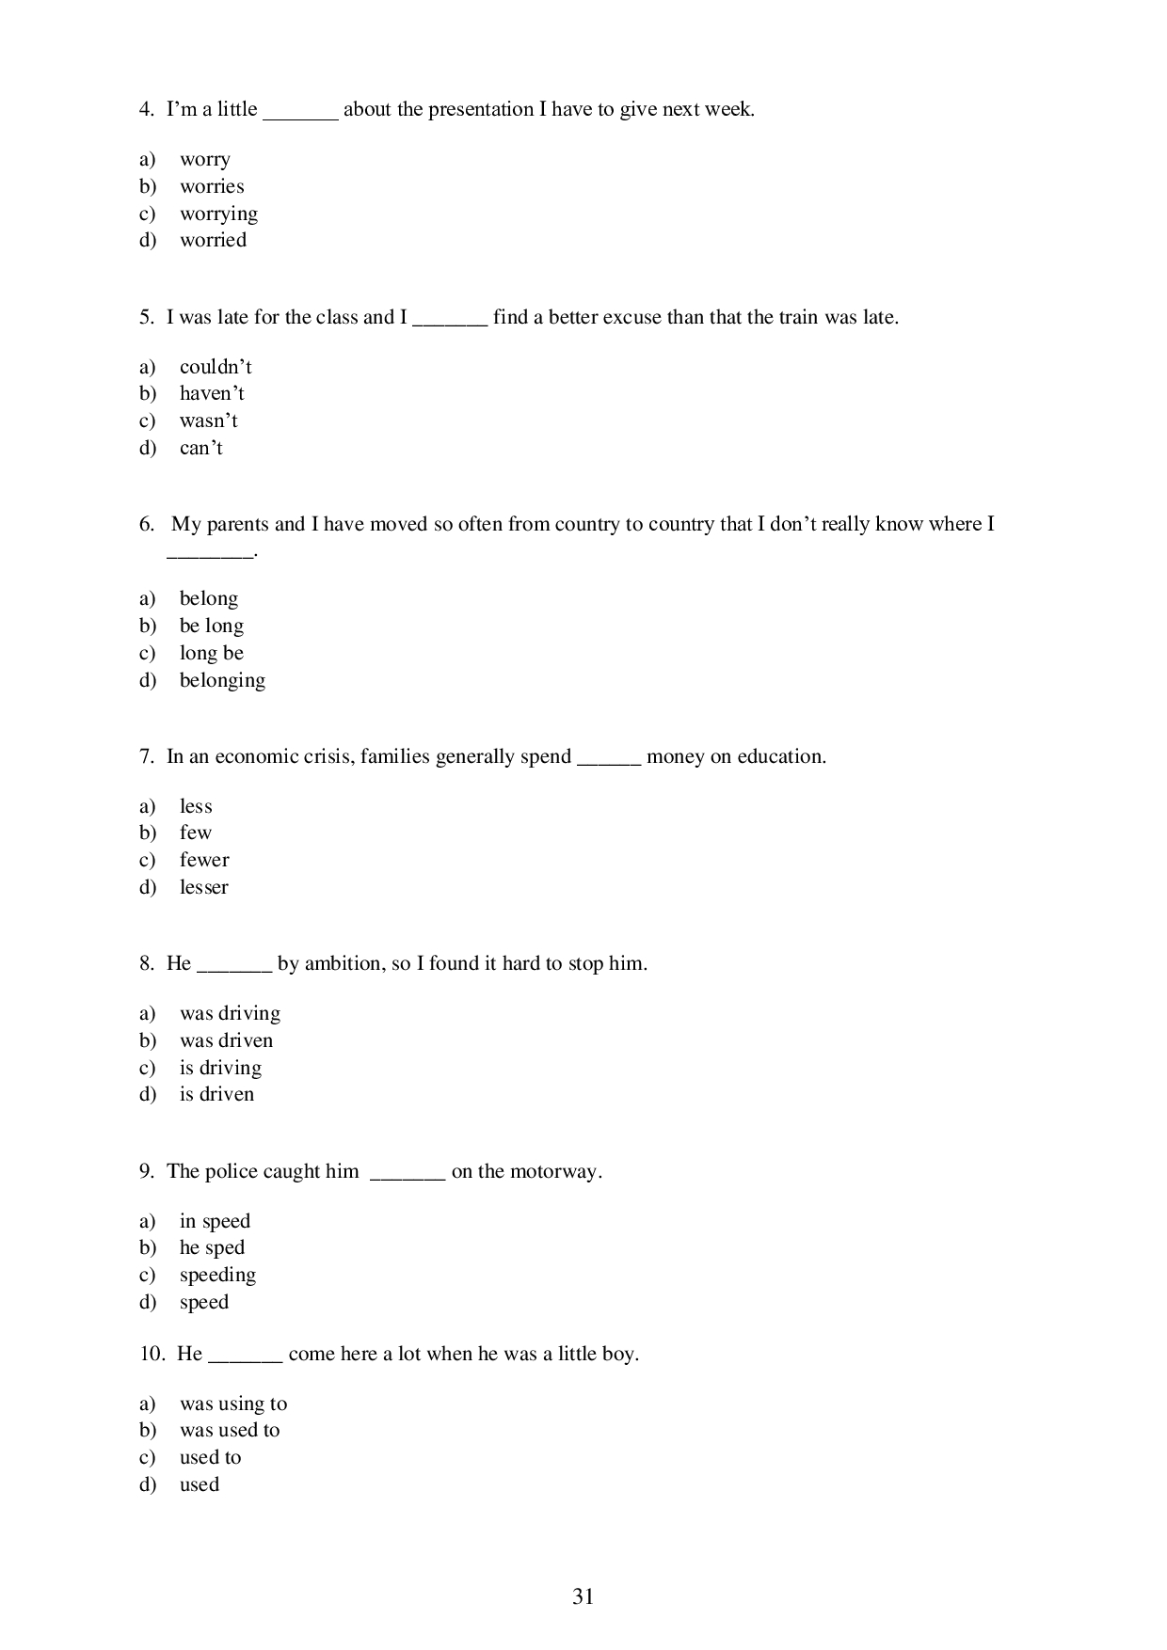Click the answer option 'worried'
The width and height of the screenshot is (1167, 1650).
(x=213, y=241)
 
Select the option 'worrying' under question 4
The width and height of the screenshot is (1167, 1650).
(x=218, y=214)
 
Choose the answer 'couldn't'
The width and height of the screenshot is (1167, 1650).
(x=216, y=367)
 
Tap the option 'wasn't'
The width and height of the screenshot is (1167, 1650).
(x=208, y=420)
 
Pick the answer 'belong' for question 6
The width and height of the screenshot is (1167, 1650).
(x=208, y=599)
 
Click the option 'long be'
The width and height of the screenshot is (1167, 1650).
(x=211, y=653)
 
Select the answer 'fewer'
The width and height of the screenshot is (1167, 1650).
(x=204, y=860)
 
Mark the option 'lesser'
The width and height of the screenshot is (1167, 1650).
(x=203, y=887)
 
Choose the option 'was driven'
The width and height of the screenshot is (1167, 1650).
(x=226, y=1040)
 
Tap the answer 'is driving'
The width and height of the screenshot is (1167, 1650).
(x=220, y=1068)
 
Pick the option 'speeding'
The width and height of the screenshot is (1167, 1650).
(x=217, y=1276)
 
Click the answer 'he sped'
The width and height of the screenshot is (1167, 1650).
(x=212, y=1248)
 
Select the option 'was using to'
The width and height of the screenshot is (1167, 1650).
(x=233, y=1404)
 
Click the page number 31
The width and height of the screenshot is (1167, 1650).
(x=583, y=1596)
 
